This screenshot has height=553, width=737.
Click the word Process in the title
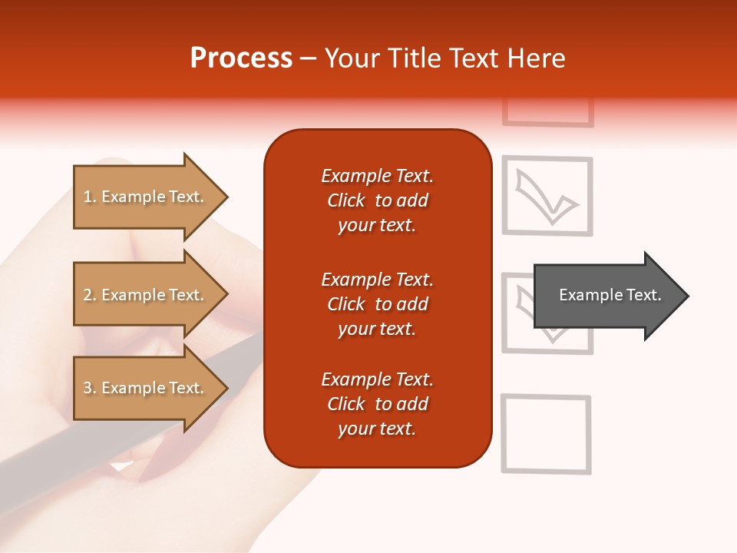241,58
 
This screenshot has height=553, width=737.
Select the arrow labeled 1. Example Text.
146,197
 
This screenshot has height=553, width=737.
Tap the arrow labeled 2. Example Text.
146,295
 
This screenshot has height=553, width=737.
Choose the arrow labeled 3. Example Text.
146,388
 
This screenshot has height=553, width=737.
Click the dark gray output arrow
606,296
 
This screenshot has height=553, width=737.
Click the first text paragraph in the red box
377,200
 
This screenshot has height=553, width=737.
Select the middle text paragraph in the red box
377,304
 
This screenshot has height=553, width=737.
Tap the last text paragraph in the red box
377,404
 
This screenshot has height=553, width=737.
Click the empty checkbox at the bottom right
546,434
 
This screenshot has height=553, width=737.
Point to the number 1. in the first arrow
90,197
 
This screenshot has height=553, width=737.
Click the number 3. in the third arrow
90,388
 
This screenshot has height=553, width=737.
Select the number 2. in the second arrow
90,295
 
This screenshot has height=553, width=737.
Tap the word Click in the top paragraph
345,200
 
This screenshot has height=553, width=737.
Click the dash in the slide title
309,59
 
